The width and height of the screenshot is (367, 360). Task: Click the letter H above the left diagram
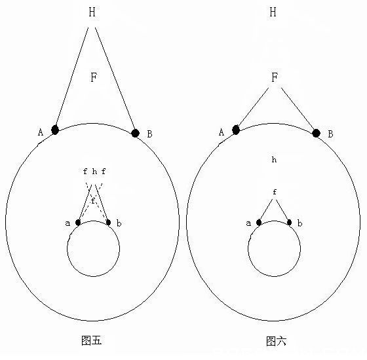coord(92,12)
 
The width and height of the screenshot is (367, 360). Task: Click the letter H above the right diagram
coord(273,12)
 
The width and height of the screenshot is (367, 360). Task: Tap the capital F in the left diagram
coord(94,77)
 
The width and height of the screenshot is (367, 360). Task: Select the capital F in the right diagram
coord(275,77)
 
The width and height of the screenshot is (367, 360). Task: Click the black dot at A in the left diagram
coord(55,130)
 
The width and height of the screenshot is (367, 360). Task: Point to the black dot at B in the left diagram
coord(135,134)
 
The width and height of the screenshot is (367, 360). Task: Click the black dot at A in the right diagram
coord(236,130)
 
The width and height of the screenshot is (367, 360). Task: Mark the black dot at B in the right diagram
coord(316,134)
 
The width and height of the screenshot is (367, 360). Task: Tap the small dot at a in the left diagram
coord(78,223)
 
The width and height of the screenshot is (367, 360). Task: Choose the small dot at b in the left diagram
coord(108,222)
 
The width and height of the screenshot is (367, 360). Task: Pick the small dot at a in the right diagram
coord(259,223)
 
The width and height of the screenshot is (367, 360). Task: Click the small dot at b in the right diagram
coord(289,222)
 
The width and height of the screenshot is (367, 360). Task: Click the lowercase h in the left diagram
coord(94,171)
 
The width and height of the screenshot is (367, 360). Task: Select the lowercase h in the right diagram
coord(274,160)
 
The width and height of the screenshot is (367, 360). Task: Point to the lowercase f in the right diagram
coord(275,192)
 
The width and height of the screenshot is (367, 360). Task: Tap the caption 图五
coord(92,340)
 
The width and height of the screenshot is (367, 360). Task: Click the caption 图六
coord(276,341)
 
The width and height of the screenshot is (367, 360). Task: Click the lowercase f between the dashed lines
coord(93,200)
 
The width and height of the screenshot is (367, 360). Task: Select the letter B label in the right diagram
coord(330,134)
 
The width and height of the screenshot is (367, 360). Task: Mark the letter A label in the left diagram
coord(41,132)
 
